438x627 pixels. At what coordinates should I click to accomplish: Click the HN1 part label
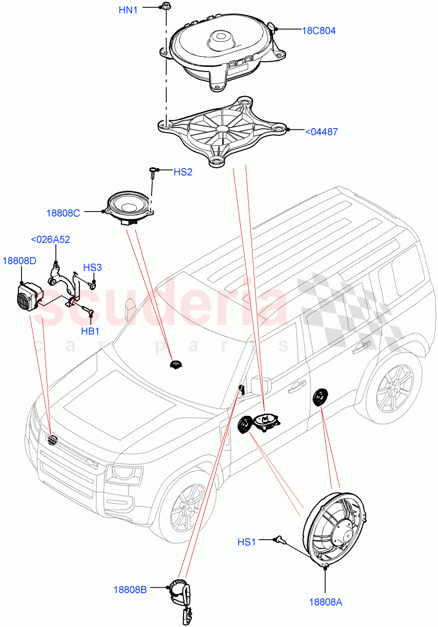pos(129,9)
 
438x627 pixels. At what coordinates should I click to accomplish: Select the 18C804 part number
pos(319,31)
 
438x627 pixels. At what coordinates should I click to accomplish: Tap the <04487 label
pos(321,132)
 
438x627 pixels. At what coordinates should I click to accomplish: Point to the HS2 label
pos(183,172)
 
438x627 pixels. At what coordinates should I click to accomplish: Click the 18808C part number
pos(63,213)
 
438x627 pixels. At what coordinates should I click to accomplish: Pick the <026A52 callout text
pos(51,240)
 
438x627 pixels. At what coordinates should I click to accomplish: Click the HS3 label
pos(93,268)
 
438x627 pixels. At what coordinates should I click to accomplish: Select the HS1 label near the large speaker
pos(247,543)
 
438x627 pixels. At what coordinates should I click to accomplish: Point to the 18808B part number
pos(130,589)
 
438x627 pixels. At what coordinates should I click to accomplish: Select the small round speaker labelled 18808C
pos(129,207)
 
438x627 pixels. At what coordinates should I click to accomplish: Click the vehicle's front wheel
pos(186,505)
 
